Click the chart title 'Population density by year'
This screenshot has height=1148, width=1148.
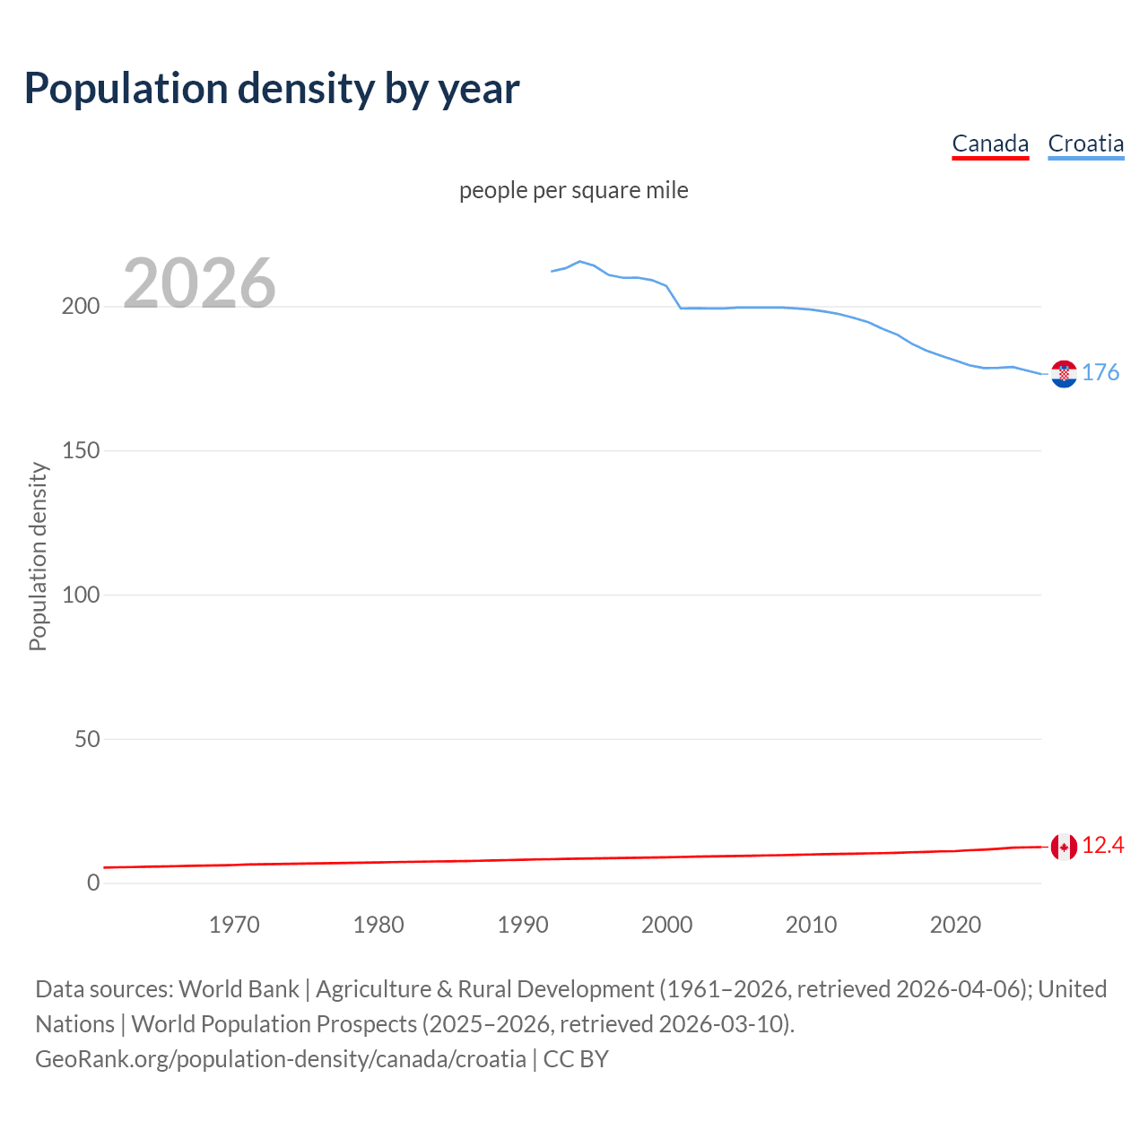click(272, 88)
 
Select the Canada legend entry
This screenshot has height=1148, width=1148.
click(990, 143)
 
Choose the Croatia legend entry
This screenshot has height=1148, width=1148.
click(1085, 143)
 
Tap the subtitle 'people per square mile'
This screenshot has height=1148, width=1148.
click(573, 190)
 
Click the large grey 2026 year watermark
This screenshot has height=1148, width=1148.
click(199, 283)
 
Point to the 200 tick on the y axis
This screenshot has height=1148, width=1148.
click(80, 307)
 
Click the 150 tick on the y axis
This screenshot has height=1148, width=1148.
click(80, 451)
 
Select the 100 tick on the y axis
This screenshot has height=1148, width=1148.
click(80, 595)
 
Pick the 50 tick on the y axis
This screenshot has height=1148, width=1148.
click(86, 739)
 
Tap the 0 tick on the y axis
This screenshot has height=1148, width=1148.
click(93, 883)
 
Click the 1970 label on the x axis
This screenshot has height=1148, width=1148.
click(234, 925)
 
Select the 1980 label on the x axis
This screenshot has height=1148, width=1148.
click(378, 925)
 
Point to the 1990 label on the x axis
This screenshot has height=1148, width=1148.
click(523, 925)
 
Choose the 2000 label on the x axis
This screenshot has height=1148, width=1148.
click(666, 925)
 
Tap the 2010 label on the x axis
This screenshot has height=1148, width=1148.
click(811, 925)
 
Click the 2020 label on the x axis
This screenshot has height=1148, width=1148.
click(955, 925)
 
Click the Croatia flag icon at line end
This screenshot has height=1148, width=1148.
click(1064, 374)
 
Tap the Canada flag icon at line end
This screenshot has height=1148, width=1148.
click(1064, 847)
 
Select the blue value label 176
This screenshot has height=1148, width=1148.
click(1100, 372)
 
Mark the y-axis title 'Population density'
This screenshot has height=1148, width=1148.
click(38, 556)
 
